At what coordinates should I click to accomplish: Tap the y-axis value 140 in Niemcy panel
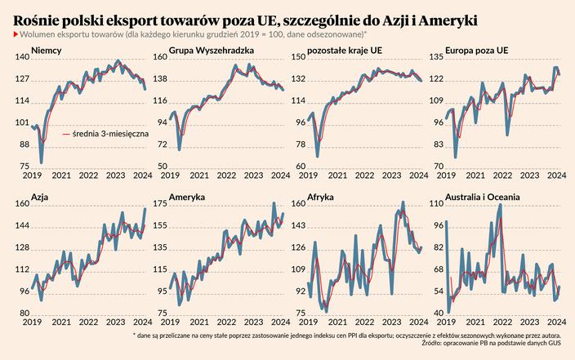coord(22,58)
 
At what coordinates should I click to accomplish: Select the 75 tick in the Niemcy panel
coord(25,167)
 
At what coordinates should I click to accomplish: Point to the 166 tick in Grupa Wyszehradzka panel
coord(160,58)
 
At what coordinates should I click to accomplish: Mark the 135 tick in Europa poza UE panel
coord(436,58)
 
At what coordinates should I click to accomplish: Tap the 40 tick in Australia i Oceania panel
coord(438,313)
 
